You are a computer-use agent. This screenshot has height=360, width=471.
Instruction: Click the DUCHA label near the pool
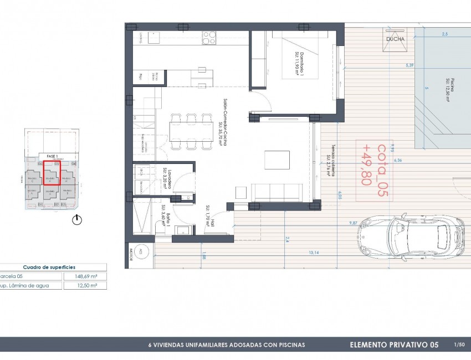396,39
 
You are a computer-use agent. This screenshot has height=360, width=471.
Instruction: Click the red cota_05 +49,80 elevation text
374,164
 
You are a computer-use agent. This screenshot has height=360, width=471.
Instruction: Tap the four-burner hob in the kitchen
209,38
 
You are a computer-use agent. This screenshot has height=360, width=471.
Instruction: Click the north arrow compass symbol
77,220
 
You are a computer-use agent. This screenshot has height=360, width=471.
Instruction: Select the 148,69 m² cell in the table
84,276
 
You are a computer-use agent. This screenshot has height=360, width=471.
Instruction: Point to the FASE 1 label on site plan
53,156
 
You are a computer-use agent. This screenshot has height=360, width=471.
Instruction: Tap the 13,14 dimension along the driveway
313,253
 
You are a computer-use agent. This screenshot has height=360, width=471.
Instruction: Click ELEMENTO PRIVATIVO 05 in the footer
394,345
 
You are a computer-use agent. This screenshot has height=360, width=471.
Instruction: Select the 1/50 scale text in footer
458,344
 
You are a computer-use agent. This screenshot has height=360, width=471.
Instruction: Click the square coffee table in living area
276,160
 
